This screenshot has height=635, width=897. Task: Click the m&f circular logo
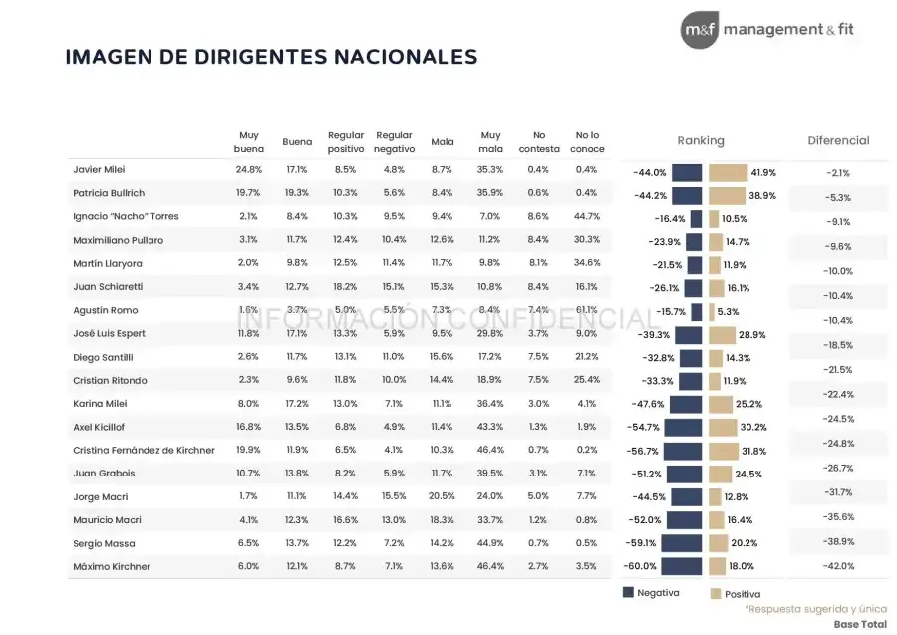pyautogui.click(x=699, y=30)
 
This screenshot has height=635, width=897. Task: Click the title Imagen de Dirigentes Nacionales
pyautogui.click(x=271, y=57)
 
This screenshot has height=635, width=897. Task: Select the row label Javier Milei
pyautogui.click(x=99, y=170)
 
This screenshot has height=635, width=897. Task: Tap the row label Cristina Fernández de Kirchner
pyautogui.click(x=144, y=451)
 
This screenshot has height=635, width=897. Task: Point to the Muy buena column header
pyautogui.click(x=249, y=142)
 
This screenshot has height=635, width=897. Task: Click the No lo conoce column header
pyautogui.click(x=587, y=142)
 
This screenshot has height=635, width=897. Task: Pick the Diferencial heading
pyautogui.click(x=838, y=141)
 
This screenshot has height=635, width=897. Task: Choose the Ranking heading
pyautogui.click(x=701, y=141)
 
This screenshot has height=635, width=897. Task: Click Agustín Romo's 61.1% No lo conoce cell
pyautogui.click(x=587, y=310)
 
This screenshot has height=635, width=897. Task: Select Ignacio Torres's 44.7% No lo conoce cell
pyautogui.click(x=587, y=217)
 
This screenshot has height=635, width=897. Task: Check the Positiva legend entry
pyautogui.click(x=739, y=594)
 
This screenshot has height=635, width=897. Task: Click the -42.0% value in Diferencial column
pyautogui.click(x=840, y=566)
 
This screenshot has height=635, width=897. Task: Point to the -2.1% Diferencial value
pyautogui.click(x=838, y=173)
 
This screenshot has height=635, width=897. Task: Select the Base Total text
pyautogui.click(x=860, y=624)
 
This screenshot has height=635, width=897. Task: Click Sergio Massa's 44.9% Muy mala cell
pyautogui.click(x=490, y=543)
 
